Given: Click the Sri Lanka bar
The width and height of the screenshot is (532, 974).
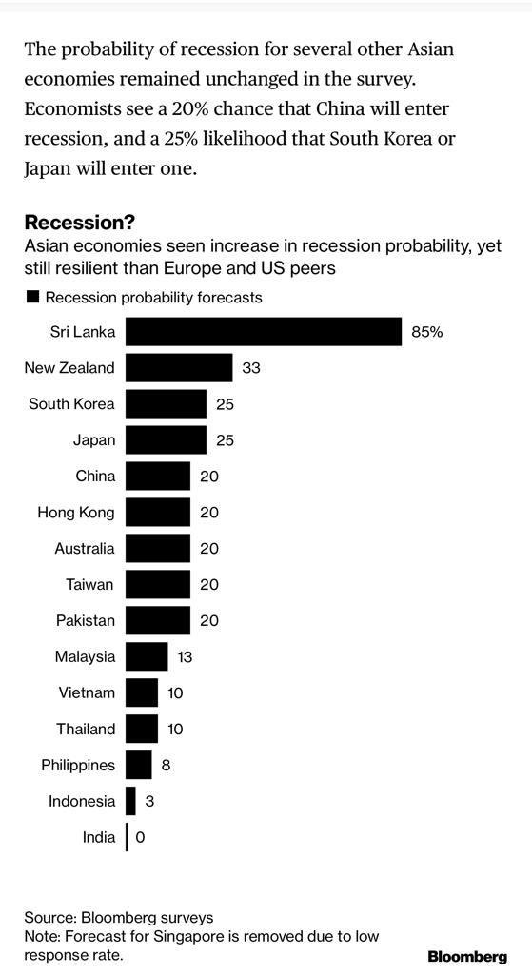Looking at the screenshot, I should coord(264,332).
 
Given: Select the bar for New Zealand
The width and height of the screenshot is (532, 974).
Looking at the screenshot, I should coord(179,368).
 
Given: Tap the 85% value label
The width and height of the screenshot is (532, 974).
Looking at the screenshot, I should coord(427,332).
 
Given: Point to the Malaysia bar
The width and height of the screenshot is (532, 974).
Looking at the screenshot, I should coord(147,656).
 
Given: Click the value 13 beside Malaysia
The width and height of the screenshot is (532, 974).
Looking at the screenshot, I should coord(185,656).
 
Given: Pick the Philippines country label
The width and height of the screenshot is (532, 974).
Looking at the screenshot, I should coord(78,765).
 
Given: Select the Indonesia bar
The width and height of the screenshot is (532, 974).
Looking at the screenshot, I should coord(131,801).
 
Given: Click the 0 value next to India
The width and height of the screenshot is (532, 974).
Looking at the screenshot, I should coord(141,837).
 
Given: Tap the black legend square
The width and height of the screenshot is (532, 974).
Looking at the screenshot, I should coord(32,297).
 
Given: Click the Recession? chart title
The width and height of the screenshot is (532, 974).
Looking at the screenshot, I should coord(80,223).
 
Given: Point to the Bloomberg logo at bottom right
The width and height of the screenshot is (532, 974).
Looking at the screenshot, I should coord(466,955).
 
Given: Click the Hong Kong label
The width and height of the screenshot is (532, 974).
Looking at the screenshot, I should coord(76,512).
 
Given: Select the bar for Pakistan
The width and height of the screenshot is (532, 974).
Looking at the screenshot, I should coord(158,620).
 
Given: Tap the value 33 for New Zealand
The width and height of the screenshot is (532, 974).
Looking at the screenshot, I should coord(251,368).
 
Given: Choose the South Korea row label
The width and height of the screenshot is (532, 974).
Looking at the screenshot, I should coord(71,403).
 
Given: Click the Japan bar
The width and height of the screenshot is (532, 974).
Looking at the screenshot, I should coord(166,439).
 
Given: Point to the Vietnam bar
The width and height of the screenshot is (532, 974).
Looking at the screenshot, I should coord(142,692).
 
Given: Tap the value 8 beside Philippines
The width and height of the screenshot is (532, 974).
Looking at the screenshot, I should coord(166,765).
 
